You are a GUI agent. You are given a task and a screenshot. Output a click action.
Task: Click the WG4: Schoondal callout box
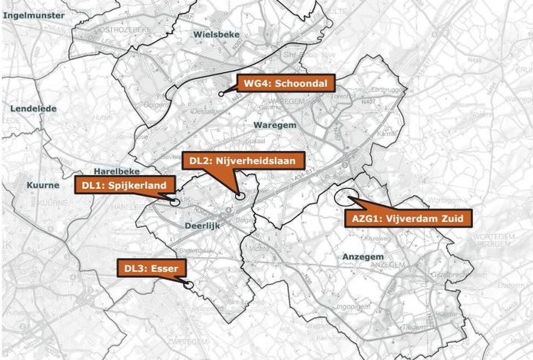[285, 84]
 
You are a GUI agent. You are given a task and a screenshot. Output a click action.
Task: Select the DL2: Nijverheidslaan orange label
[243, 160]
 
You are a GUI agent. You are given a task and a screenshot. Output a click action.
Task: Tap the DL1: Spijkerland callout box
[126, 186]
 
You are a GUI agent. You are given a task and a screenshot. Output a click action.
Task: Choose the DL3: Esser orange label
[151, 269]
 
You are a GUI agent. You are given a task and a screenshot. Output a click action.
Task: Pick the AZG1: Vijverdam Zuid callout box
[407, 219]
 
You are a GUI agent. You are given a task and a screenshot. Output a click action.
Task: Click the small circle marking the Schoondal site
[221, 94]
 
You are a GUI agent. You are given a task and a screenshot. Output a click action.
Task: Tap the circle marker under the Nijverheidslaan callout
[240, 197]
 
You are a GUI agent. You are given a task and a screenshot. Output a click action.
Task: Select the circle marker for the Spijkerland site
[174, 202]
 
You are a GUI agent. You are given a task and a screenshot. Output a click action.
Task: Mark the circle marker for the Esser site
[188, 285]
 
